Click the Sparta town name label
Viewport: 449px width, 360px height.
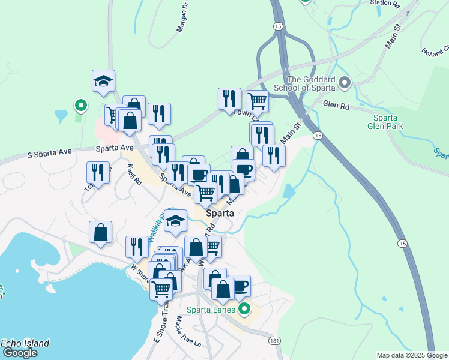point(220,213)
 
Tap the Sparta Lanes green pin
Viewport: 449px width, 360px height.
point(244,310)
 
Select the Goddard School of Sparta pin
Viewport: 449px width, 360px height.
point(344,83)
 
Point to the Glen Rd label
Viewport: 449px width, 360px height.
point(336,103)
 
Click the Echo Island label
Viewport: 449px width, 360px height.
point(25,343)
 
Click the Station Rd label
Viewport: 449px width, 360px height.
point(385,3)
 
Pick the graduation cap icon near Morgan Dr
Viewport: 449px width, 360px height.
point(103,82)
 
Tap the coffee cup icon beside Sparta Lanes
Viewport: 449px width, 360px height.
point(240,286)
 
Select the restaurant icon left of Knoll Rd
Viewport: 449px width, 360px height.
point(98,172)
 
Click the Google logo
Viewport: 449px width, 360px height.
point(19,353)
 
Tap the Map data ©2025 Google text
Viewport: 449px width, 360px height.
point(412,355)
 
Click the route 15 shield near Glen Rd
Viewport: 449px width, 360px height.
point(318,136)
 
